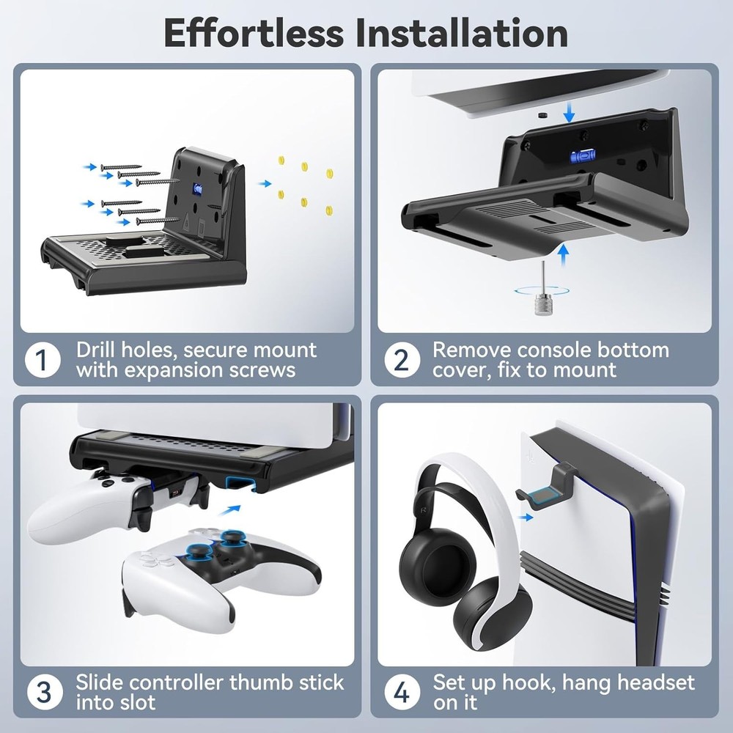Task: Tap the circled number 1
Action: coord(42,360)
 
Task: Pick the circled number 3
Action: coord(42,692)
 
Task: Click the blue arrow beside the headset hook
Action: coord(524,517)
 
